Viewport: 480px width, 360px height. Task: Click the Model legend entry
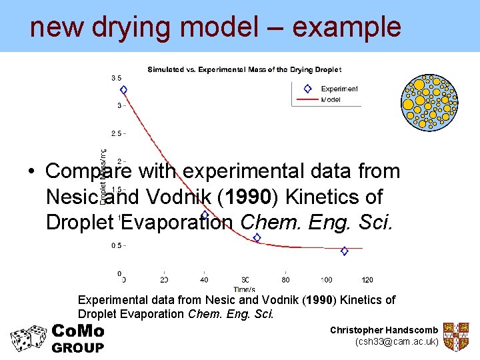pos(331,99)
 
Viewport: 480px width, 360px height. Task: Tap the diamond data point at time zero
pos(123,89)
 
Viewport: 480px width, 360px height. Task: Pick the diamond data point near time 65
pos(257,237)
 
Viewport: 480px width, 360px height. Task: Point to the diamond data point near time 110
pos(344,251)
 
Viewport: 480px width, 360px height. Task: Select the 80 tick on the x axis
pos(286,280)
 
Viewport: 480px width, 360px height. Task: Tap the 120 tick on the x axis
pos(367,280)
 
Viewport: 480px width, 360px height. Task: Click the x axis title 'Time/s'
pos(245,289)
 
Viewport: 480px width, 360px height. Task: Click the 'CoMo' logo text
pos(77,331)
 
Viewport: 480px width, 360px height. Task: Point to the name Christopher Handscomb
pos(383,331)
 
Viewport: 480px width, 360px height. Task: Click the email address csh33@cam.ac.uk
pos(397,342)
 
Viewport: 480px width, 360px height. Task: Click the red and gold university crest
pos(457,337)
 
